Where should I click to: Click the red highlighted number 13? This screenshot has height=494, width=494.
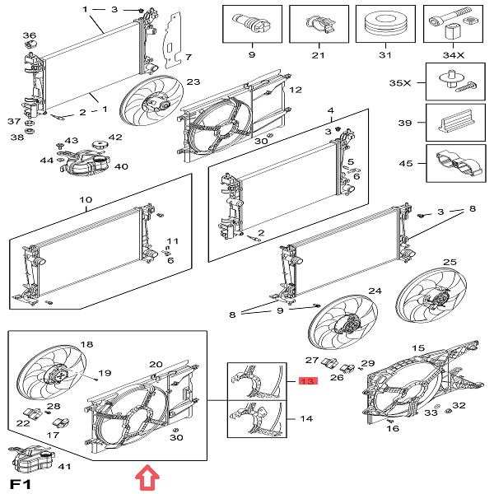tap(307, 382)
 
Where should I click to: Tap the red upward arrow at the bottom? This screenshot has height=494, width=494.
tap(146, 477)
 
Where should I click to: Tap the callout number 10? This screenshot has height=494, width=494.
tap(86, 200)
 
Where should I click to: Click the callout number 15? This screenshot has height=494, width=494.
tap(418, 348)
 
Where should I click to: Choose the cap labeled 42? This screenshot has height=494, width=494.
tap(100, 146)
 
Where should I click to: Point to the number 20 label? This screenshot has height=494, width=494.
tap(156, 364)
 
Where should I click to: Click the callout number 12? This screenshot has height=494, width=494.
tap(296, 90)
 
